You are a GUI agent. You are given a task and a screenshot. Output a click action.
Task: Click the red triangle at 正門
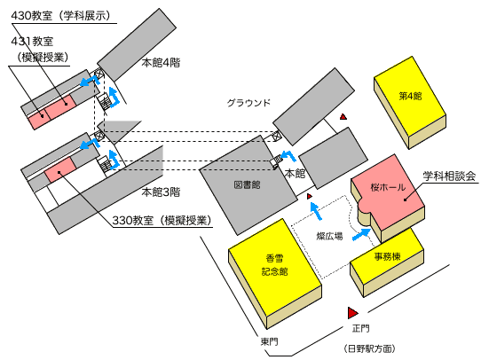(x=352, y=313)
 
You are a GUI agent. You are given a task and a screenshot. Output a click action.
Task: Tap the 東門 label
(x=269, y=342)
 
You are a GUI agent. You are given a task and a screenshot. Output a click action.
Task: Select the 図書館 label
(x=247, y=184)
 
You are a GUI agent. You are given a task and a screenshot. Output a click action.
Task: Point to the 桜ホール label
(x=388, y=187)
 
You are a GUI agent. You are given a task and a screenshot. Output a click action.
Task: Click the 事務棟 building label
(x=387, y=256)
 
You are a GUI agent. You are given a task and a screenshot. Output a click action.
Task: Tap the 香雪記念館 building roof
(x=275, y=265)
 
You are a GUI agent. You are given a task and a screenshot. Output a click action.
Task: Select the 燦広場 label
(x=329, y=236)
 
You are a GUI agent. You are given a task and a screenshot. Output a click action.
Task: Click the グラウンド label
(x=248, y=103)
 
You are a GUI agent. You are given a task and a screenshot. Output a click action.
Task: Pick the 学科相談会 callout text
(x=449, y=176)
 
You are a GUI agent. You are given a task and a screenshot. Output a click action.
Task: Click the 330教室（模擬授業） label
(x=162, y=221)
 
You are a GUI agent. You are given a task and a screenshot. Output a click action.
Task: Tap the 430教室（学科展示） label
(x=61, y=16)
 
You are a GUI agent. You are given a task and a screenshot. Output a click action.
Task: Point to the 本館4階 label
(x=161, y=63)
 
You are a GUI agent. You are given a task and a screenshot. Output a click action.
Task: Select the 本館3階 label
(x=161, y=192)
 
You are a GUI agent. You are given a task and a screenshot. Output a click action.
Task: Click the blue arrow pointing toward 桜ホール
(x=362, y=234)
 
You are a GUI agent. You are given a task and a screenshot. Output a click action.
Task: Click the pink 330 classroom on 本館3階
(x=60, y=170)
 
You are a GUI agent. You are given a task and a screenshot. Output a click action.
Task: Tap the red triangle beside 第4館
(x=343, y=116)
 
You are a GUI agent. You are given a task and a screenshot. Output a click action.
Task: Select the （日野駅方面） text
(x=369, y=348)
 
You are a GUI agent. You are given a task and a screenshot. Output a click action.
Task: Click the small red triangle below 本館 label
(x=310, y=196)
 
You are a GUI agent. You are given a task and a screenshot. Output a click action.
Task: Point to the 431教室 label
(x=32, y=41)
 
